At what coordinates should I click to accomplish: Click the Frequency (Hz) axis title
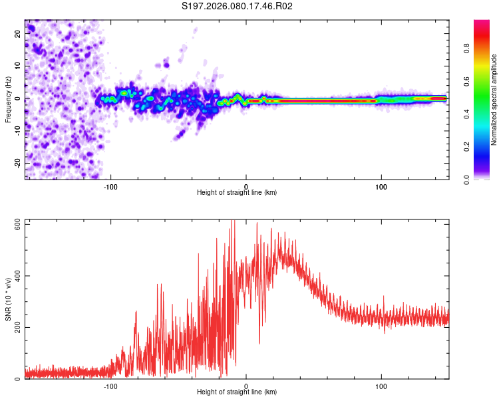[8, 99]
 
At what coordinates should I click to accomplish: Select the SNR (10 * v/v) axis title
[8, 299]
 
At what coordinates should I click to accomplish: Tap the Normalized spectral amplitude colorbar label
[494, 100]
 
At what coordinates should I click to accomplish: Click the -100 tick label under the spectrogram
[110, 186]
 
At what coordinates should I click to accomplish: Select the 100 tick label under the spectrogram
[381, 186]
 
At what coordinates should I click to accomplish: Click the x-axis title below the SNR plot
[237, 392]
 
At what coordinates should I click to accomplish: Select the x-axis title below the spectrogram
[237, 192]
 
